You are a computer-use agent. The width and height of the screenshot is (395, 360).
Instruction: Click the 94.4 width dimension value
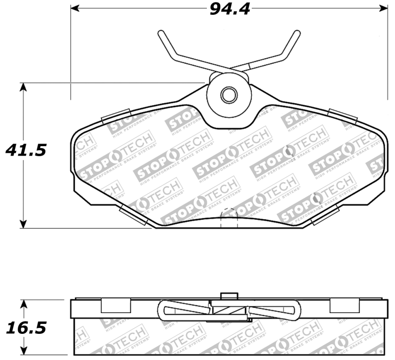point(229,9)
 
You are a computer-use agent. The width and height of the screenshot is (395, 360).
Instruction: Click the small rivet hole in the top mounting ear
point(228,95)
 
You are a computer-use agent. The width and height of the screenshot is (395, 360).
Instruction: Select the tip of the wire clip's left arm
point(160,33)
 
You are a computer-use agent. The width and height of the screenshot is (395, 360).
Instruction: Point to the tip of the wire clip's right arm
point(297,33)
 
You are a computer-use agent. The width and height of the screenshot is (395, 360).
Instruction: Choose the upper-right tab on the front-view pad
point(342,116)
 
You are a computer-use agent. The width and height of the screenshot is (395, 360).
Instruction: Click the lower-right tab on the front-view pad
point(326,215)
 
